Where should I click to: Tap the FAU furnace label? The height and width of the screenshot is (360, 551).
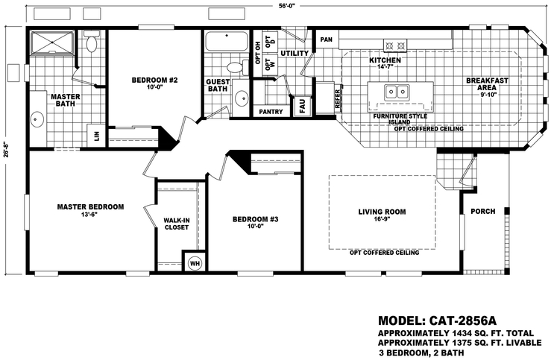pyautogui.click(x=303, y=105)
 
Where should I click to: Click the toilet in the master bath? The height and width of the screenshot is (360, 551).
pyautogui.click(x=92, y=43)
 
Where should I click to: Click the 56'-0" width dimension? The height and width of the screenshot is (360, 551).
pyautogui.click(x=279, y=7)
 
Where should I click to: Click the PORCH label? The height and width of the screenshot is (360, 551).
pyautogui.click(x=483, y=211)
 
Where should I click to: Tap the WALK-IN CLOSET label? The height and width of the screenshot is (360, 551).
pyautogui.click(x=177, y=223)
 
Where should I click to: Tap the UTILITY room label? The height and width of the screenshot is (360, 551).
pyautogui.click(x=295, y=54)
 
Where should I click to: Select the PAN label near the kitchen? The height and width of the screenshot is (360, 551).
pyautogui.click(x=326, y=40)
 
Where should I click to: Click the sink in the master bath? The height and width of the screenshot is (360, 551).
pyautogui.click(x=37, y=119)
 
